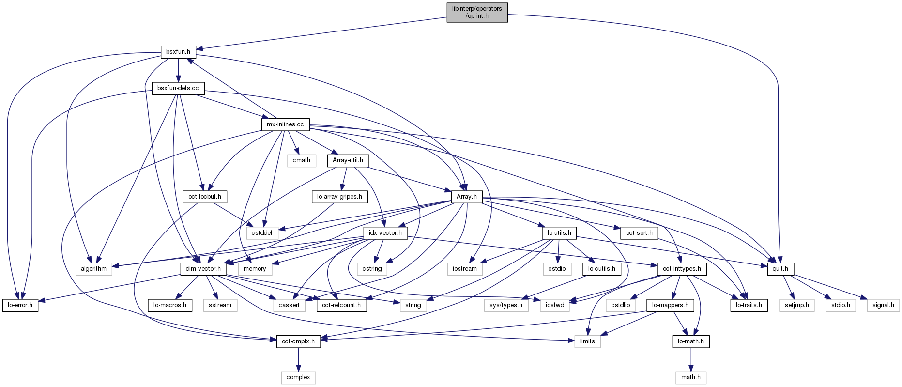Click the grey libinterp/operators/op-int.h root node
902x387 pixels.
point(477,12)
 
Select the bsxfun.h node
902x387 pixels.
point(178,52)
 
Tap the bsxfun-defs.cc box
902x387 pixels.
point(178,88)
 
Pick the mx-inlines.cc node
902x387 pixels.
point(285,124)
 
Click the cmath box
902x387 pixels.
point(301,160)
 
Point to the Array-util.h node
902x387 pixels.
point(348,160)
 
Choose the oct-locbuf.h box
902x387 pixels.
point(205,197)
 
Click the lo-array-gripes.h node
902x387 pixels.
point(339,197)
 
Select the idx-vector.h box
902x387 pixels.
point(385,233)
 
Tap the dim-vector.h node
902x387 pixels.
point(203,269)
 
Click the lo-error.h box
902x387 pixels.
point(20,305)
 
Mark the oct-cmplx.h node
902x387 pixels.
point(298,341)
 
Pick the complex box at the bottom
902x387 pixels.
point(298,377)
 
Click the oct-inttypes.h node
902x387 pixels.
point(682,269)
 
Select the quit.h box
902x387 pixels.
point(780,269)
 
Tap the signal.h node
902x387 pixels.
point(883,305)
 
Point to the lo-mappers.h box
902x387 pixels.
point(670,305)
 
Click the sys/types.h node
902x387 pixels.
point(506,305)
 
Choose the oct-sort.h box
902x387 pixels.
point(639,233)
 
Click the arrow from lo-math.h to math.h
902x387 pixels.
point(691,359)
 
